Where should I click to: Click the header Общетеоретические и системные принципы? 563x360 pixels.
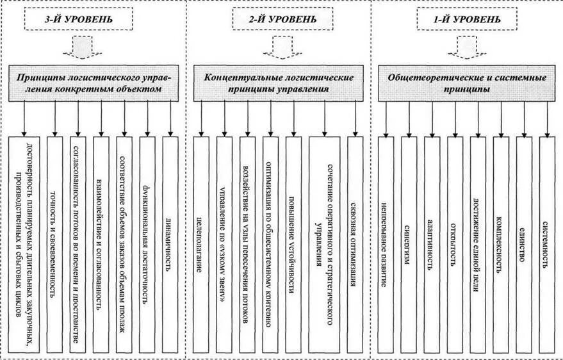(x=468, y=83)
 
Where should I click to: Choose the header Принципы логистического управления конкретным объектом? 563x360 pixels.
(x=99, y=83)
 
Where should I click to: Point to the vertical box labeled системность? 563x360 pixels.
(x=548, y=243)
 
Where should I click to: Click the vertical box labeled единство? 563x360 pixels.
(x=525, y=243)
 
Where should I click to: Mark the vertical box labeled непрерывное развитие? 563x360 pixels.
(x=385, y=243)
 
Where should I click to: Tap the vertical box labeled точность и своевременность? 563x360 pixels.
(x=55, y=243)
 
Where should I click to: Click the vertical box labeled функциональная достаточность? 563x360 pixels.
(x=147, y=243)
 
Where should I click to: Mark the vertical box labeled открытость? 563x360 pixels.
(x=455, y=243)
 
